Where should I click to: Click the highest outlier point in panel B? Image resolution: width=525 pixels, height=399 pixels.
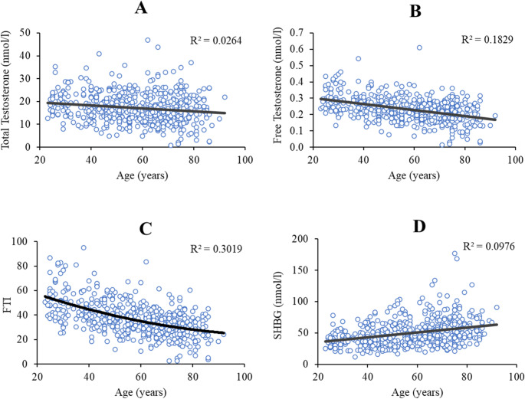[x=419, y=47]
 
